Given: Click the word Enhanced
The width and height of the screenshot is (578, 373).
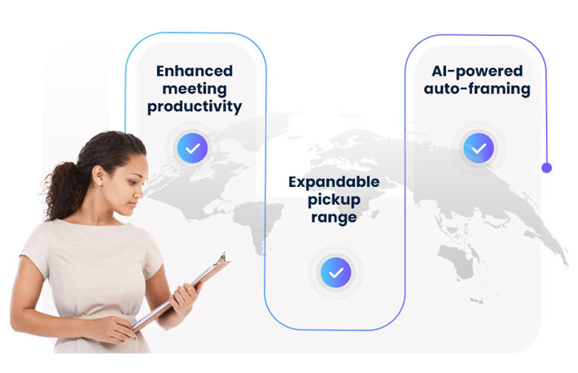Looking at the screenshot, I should coord(195,71).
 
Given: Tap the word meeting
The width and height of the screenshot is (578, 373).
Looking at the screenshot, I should coord(195,89).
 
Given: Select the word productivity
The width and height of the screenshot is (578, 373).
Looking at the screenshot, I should coord(195,106).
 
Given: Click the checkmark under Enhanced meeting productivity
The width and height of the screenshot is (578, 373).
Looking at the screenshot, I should coord(193,148).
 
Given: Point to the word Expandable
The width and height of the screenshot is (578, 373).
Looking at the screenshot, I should coord(334,181).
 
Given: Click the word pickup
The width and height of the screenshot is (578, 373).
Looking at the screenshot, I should coord(334,199).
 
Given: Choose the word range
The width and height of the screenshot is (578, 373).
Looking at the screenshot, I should coord(334,218).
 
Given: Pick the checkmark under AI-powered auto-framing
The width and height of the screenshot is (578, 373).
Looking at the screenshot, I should coord(478,148).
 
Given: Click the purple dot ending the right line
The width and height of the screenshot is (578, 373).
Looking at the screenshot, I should coord(546,167).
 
